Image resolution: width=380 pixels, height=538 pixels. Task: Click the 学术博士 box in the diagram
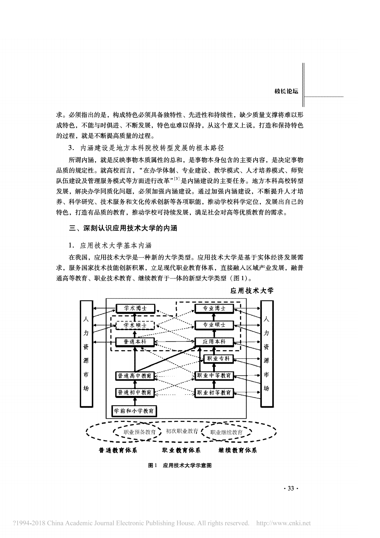point(135,309)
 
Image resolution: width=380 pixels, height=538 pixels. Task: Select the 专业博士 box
point(214,309)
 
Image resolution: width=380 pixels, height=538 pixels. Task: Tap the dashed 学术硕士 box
point(135,325)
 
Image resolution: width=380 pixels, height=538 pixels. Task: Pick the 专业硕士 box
point(214,325)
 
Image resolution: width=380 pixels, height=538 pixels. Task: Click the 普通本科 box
point(135,342)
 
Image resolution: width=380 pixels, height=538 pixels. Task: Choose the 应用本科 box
point(214,342)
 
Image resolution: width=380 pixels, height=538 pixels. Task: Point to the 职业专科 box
point(218,359)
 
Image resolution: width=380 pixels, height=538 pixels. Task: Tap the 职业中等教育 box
point(214,376)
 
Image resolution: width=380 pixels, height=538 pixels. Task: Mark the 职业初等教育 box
point(214,393)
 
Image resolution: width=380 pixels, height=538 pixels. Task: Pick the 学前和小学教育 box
point(134,411)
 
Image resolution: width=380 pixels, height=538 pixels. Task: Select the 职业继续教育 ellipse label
point(227,432)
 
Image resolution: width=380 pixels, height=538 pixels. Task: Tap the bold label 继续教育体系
point(238,450)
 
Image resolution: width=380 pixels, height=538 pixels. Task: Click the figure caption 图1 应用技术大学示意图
point(180,466)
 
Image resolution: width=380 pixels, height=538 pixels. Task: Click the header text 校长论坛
point(286,91)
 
